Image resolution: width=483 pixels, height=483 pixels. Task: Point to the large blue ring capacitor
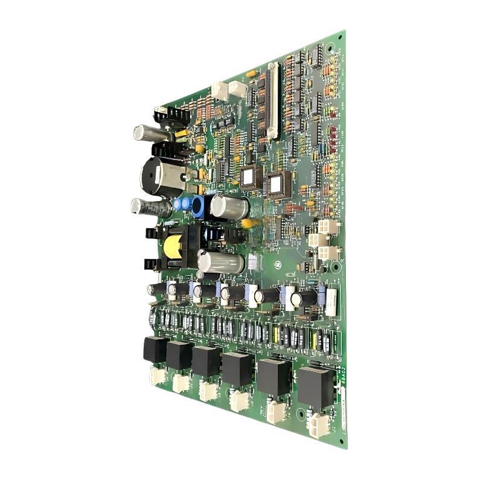[x=199, y=206]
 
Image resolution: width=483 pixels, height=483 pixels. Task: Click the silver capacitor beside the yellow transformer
[x=221, y=263]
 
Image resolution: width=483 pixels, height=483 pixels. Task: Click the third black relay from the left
[x=206, y=361]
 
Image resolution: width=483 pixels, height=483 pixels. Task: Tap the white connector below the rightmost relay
[x=318, y=425]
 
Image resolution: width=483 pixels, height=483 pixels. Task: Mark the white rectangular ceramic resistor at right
[x=331, y=298]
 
